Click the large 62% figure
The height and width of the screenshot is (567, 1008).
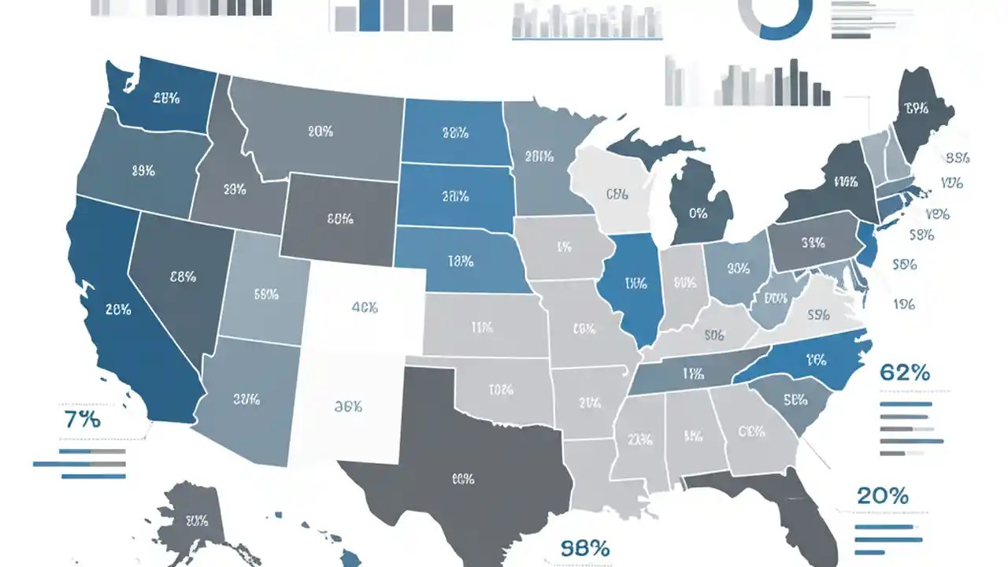pos(904,372)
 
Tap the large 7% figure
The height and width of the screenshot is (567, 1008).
pos(82,420)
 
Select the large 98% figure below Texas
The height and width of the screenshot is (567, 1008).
pos(585,548)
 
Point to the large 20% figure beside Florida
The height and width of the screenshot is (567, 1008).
pos(882,496)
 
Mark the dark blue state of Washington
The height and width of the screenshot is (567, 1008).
pos(161,98)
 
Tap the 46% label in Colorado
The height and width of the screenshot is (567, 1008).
pos(364,308)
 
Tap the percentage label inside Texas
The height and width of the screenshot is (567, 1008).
pos(462,478)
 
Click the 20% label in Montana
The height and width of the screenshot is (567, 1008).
pos(320,132)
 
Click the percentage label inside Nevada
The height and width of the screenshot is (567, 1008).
pos(183,276)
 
